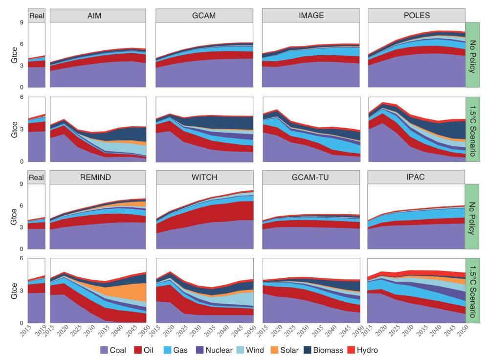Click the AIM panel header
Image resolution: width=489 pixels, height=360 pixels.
[98, 16]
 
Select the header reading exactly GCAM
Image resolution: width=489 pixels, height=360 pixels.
[204, 16]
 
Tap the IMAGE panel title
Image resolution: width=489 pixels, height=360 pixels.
[311, 16]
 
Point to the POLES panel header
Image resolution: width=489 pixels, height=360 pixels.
[417, 16]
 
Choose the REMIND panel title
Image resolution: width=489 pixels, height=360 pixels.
[98, 178]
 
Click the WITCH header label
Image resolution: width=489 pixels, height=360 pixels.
[204, 178]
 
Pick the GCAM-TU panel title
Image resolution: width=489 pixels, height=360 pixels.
[311, 178]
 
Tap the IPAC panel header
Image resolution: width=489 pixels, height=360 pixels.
[417, 178]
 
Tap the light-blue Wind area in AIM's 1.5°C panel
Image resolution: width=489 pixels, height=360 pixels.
[122, 147]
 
